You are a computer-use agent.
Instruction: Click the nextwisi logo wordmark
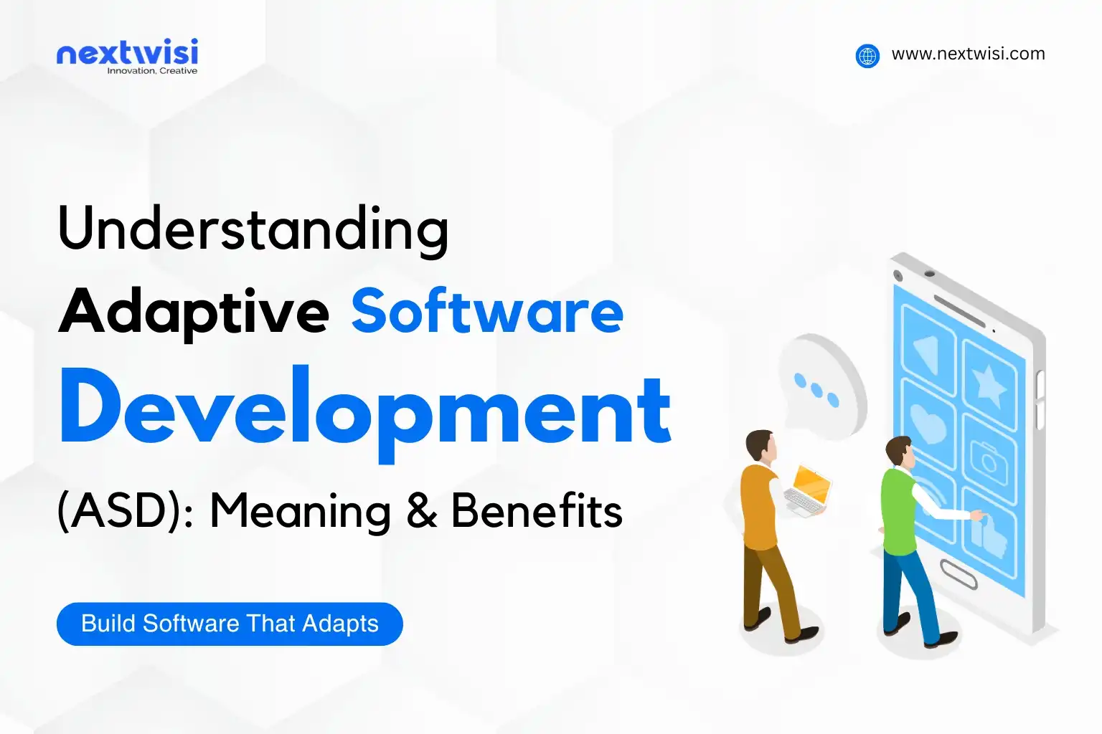[127, 53]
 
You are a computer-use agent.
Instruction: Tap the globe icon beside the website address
[867, 55]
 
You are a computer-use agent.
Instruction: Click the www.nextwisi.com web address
[968, 54]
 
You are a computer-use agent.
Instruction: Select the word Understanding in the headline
[253, 229]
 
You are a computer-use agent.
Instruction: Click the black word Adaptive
[194, 312]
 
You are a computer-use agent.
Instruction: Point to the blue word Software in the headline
[487, 312]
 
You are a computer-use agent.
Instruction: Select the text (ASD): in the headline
[126, 511]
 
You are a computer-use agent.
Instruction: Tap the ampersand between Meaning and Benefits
[422, 511]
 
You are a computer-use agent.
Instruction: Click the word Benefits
[537, 511]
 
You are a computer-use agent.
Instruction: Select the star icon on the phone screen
[990, 385]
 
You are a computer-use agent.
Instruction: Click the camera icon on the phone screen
[989, 459]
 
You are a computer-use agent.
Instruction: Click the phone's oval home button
[959, 574]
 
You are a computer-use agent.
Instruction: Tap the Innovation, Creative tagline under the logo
[152, 71]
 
